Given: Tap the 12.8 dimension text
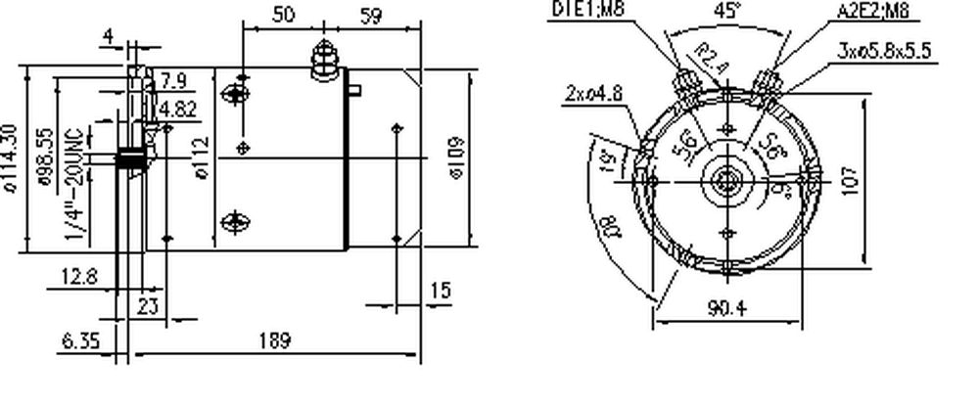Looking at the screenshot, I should coord(78,277).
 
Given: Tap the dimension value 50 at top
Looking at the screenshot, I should coord(282,15).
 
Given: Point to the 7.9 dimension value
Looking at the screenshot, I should coord(173,79).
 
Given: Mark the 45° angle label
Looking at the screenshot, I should coord(726,14).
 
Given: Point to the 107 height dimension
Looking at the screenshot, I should coord(851,182).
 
